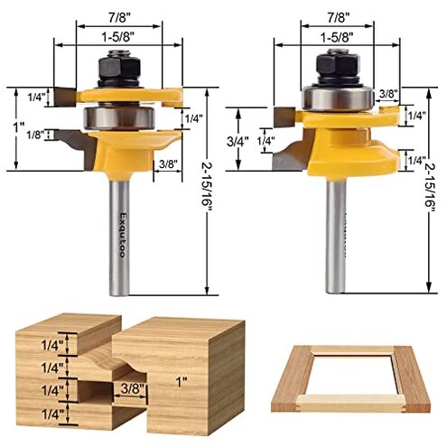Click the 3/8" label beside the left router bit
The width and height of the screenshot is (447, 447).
click(165, 165)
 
